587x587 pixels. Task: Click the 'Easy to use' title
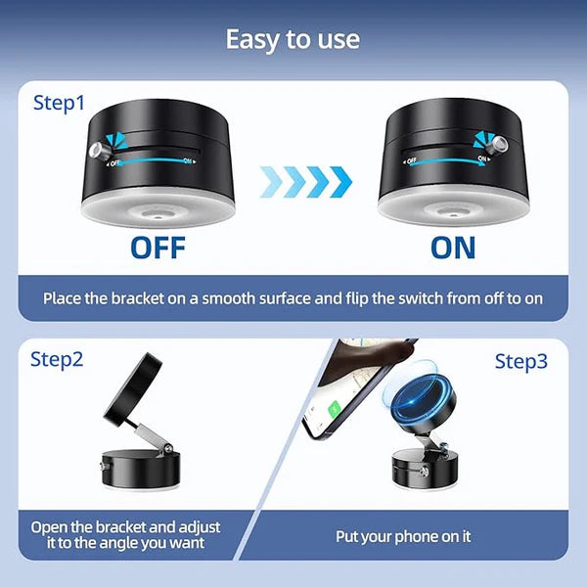[293, 39]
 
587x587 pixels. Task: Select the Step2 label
[57, 359]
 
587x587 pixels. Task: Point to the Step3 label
[520, 362]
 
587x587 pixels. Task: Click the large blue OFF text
[158, 247]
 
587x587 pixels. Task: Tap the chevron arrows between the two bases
[305, 181]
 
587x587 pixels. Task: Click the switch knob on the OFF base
[98, 151]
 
